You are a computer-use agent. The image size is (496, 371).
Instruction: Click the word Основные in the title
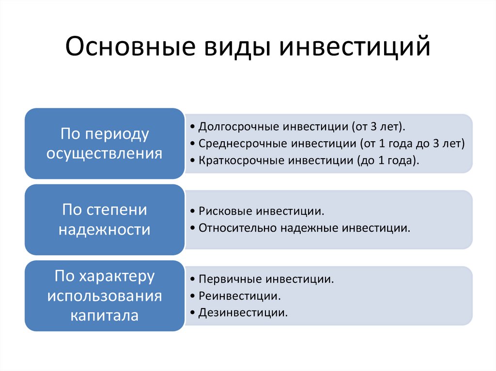130,46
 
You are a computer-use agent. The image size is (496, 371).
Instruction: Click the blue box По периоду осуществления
105,144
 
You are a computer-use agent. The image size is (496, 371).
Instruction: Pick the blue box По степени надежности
105,220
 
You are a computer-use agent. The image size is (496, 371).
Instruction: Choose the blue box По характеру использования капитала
105,296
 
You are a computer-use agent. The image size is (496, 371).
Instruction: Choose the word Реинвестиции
239,296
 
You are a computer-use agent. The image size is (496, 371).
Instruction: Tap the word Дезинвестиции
243,313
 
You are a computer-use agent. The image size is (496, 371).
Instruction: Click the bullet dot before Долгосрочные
192,127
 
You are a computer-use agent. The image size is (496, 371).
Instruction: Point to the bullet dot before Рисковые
192,211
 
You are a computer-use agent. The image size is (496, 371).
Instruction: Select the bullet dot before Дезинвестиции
192,313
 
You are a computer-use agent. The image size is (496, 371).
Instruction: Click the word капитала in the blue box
105,315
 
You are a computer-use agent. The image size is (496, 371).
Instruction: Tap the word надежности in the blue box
105,230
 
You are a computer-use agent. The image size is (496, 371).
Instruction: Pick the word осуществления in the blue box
105,154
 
